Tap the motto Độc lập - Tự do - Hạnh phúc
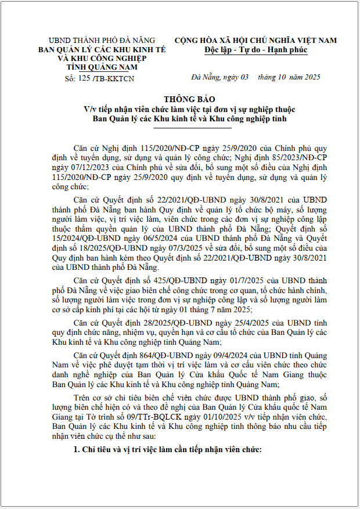pos(256,50)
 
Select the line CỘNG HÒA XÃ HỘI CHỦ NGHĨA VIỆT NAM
pos(255,41)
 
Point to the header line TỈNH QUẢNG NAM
pos(102,67)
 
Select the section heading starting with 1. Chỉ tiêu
pos(168,450)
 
